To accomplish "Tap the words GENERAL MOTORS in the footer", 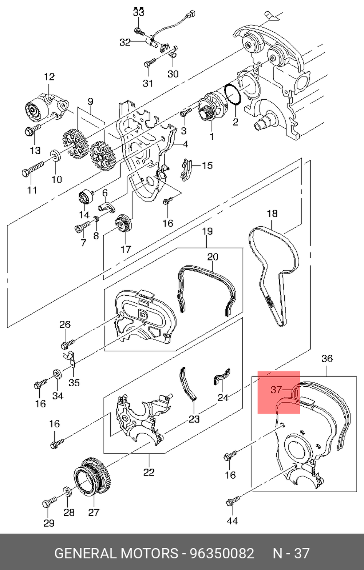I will click(x=116, y=553).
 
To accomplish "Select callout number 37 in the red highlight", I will click(x=276, y=390).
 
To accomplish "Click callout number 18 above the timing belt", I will click(x=272, y=214).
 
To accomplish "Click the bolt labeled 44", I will click(x=233, y=500).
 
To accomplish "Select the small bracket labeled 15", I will click(x=186, y=170).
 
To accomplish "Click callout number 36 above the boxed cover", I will click(x=327, y=359).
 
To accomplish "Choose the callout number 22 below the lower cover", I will click(x=149, y=472).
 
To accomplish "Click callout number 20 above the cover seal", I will click(x=213, y=257).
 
